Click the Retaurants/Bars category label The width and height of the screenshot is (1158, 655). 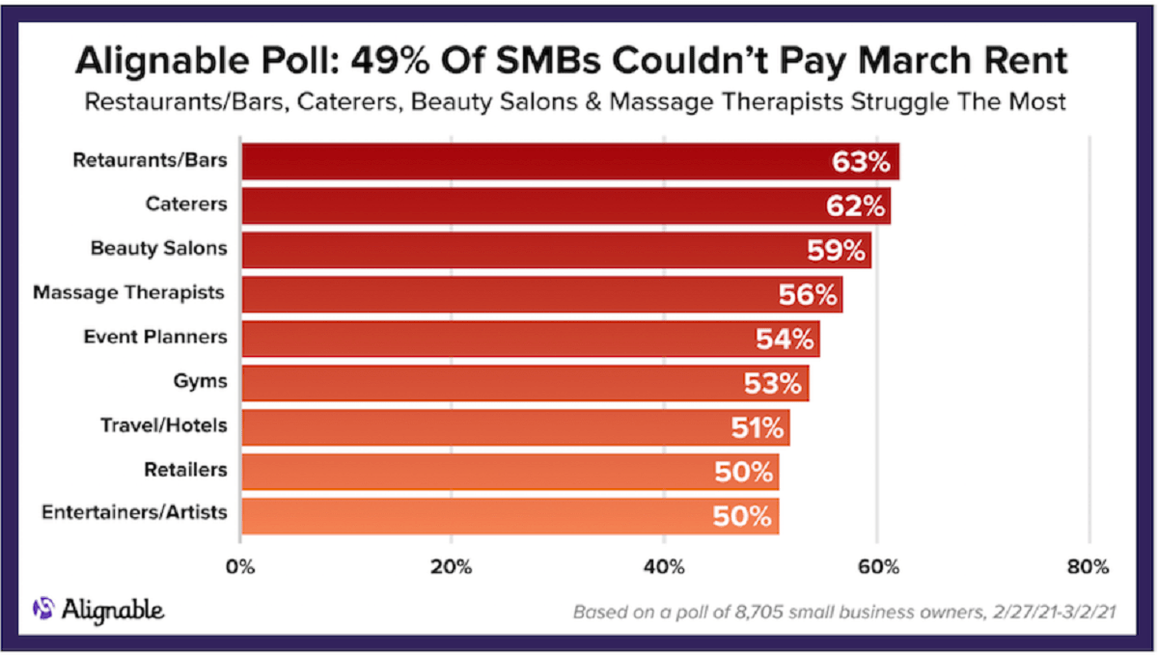click(151, 160)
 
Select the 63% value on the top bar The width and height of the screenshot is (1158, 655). click(861, 162)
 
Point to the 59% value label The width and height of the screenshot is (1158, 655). click(836, 251)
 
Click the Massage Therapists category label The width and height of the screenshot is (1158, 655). click(130, 292)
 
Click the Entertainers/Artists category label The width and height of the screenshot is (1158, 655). click(135, 512)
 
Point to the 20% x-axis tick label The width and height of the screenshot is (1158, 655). click(452, 565)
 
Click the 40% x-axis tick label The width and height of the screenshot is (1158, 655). click(664, 565)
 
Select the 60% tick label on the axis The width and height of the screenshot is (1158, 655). click(876, 565)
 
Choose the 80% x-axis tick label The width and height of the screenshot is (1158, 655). click(1089, 565)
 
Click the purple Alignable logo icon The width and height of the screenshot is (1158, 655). click(44, 609)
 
